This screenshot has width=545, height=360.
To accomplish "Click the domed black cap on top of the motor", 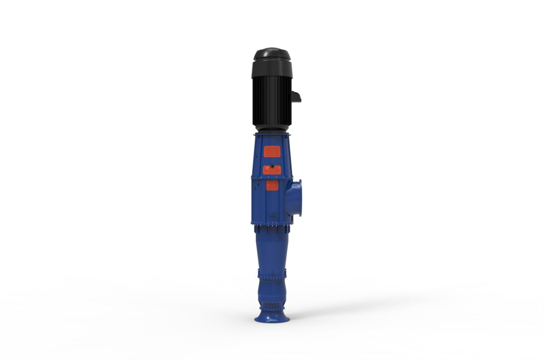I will point(272,54).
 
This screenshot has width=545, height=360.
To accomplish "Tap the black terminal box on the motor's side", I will point(296,96).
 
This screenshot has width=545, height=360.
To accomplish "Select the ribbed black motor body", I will point(272,102).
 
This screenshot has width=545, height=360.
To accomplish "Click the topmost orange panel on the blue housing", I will point(272,152).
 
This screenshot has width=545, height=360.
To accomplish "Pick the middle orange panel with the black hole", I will point(272,170).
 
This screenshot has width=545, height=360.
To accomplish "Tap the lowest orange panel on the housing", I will point(272,185).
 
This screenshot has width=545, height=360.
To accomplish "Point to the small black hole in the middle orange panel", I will point(272,166).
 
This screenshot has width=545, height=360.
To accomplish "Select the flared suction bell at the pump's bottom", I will point(272,316).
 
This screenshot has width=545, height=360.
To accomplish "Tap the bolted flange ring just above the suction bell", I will point(272,308).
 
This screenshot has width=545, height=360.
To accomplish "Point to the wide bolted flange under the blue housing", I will point(272,223).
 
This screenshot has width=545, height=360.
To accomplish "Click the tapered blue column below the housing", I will point(272,250).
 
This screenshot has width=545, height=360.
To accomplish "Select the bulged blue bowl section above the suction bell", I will point(272,293).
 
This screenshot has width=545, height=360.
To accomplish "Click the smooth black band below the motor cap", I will point(272,68).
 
